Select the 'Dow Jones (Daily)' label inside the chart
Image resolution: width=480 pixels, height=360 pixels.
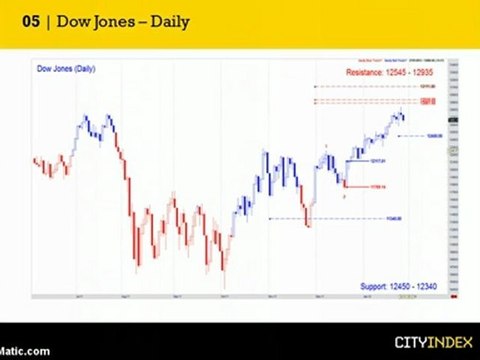(x=66, y=70)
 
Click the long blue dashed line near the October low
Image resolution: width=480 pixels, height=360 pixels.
(x=340, y=219)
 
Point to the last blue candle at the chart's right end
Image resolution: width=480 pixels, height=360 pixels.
(x=403, y=119)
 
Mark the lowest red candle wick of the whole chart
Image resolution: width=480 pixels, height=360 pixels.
(x=224, y=283)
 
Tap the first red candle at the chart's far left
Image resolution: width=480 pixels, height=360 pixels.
(x=35, y=161)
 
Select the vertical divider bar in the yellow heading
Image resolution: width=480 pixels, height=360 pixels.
(x=47, y=21)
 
